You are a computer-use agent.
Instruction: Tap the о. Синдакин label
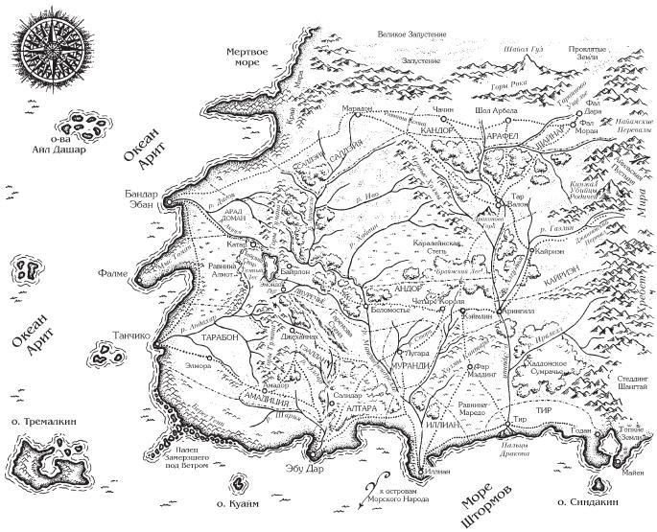pyautogui.click(x=586, y=502)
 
